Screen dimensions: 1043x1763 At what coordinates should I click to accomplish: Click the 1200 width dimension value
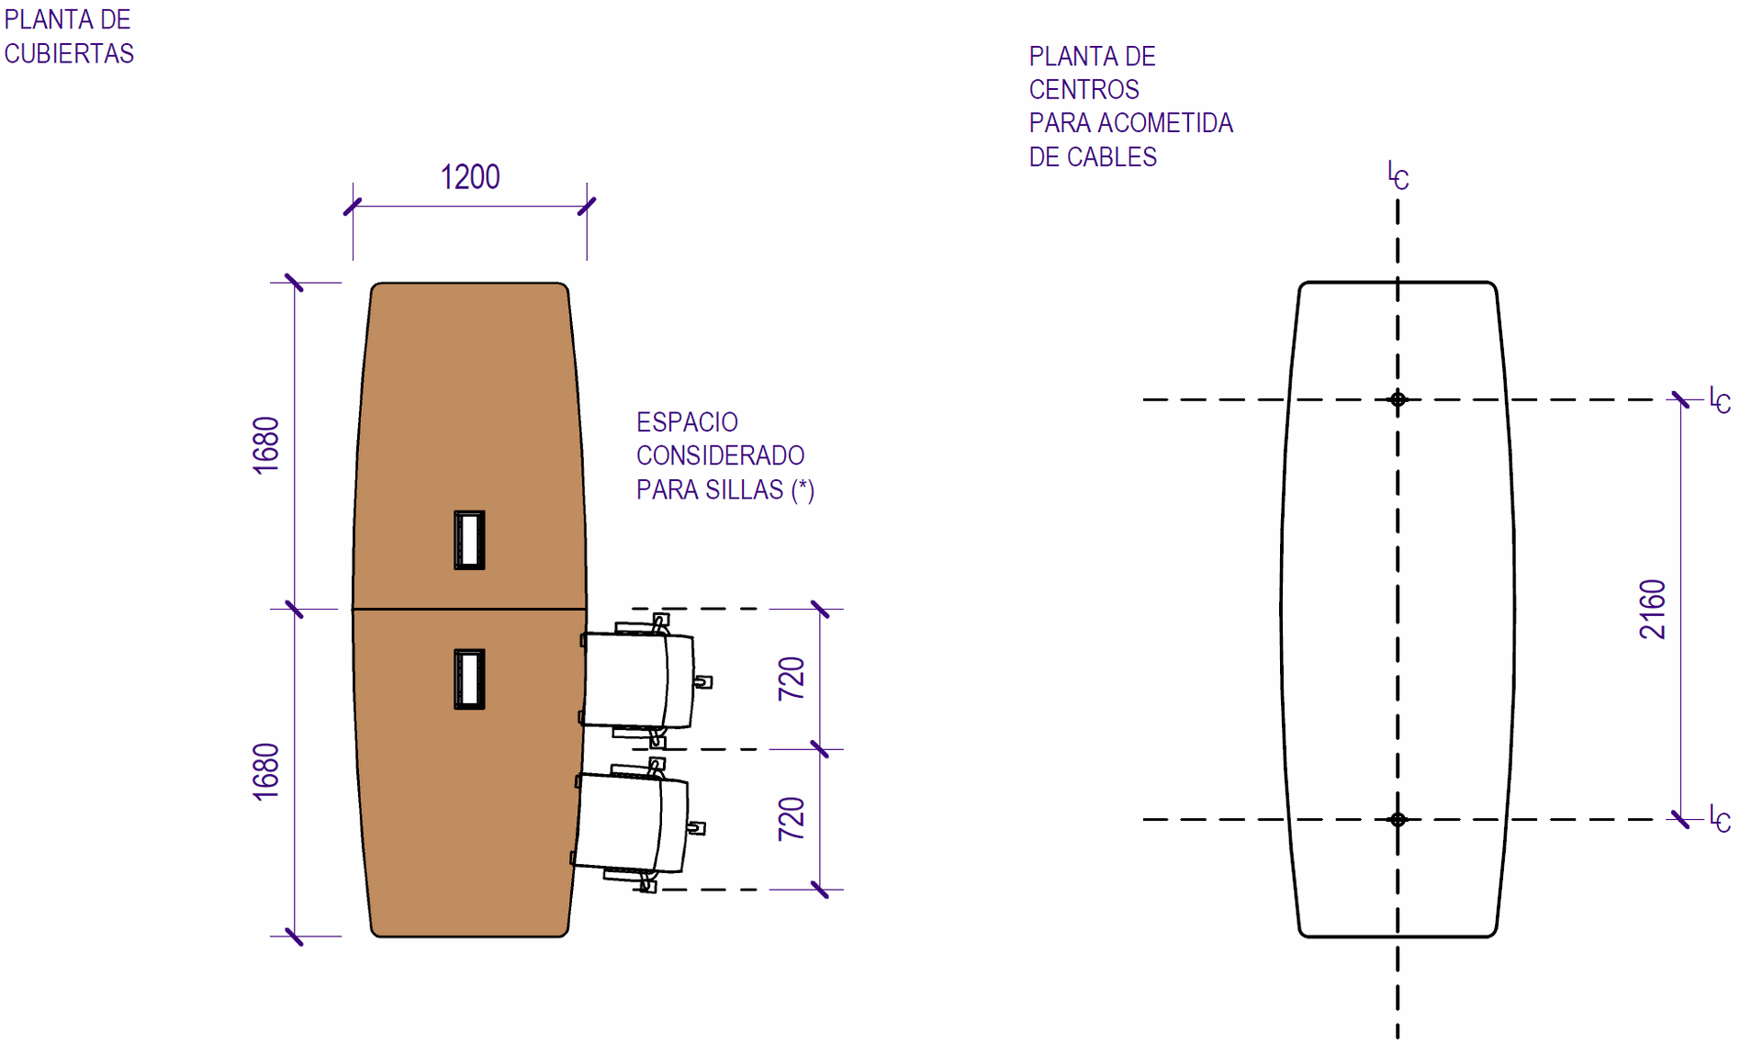pos(470,177)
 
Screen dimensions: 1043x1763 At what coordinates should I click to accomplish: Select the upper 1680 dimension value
pos(266,445)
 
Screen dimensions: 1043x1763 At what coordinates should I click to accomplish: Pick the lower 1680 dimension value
pos(266,771)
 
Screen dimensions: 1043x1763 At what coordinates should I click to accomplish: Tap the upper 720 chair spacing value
pos(792,679)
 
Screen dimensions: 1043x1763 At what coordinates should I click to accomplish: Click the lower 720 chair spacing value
pos(792,819)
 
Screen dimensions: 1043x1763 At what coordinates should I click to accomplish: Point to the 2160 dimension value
pos(1653,609)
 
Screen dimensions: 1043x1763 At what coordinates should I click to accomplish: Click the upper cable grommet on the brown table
pos(469,540)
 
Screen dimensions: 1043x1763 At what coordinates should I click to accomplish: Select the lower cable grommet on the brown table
pos(469,679)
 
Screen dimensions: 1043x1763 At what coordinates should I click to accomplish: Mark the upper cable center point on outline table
pos(1398,399)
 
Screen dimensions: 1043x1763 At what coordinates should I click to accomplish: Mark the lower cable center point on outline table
pos(1398,819)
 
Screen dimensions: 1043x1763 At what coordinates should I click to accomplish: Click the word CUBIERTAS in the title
pos(69,54)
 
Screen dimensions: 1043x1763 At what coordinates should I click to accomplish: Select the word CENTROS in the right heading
pos(1084,90)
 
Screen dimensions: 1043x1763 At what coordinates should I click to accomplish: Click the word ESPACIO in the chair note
pos(687,422)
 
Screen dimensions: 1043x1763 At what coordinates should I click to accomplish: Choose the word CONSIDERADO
pos(720,455)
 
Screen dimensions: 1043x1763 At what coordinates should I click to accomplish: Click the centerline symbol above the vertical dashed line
pos(1398,175)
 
